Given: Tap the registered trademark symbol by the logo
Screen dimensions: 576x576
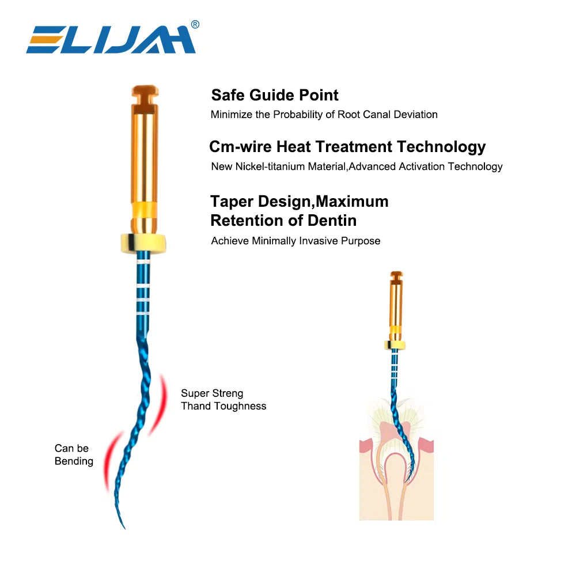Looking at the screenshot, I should pos(195,24).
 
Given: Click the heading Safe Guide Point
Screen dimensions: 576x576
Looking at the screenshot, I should pos(275,95).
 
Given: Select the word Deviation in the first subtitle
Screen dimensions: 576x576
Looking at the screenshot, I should pos(415,115).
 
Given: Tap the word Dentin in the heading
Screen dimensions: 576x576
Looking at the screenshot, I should pos(331,221).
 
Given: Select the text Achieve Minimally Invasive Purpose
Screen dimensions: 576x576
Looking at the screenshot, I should pos(295,241).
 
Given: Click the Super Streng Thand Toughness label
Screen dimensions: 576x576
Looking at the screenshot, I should pos(223,400).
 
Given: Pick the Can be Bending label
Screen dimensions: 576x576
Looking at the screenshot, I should pos(74,454).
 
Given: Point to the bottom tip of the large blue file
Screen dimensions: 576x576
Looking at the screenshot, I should pos(124,526).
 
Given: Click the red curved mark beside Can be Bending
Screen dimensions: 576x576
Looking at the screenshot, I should pos(109,461).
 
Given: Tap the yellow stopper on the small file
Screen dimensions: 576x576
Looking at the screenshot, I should pos(396,344).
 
